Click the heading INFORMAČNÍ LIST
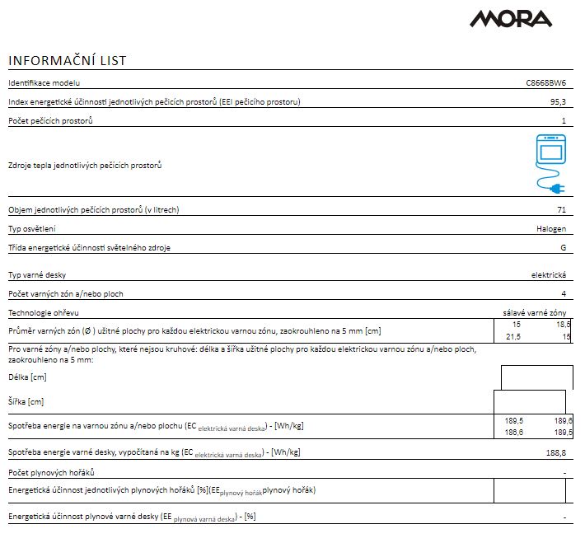click(x=67, y=61)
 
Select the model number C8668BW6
click(x=545, y=83)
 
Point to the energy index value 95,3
click(x=558, y=102)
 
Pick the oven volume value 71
click(x=561, y=210)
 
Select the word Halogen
click(x=550, y=228)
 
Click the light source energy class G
click(x=563, y=247)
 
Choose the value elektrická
click(x=548, y=275)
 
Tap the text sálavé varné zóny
click(x=534, y=313)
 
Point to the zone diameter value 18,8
click(x=564, y=325)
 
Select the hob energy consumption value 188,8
click(x=556, y=452)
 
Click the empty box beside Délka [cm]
click(x=536, y=377)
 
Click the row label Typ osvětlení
click(x=32, y=228)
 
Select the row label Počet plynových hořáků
click(x=51, y=472)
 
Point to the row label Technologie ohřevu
click(x=44, y=313)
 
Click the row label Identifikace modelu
click(x=44, y=83)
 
